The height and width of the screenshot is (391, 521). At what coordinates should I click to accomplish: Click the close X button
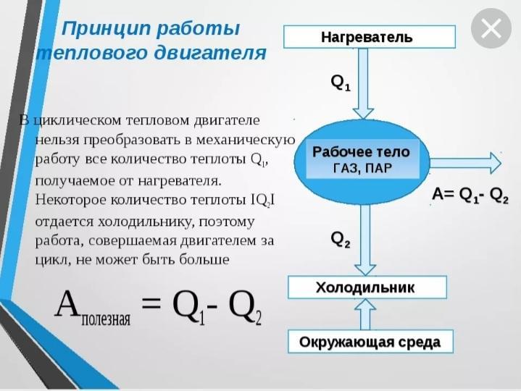[x=491, y=29]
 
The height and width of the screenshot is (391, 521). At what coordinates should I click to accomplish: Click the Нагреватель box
[x=369, y=37]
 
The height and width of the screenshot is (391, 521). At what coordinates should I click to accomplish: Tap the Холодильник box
[x=366, y=287]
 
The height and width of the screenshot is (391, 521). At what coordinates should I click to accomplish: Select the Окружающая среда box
[x=370, y=341]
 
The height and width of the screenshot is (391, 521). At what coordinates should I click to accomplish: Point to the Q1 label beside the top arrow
[x=341, y=83]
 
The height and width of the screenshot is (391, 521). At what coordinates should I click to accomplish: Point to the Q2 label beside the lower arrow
[x=341, y=239]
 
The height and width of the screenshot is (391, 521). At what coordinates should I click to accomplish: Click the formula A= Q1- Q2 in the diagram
[x=470, y=194]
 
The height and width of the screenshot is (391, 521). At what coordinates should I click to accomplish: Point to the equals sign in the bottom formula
[x=151, y=304]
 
